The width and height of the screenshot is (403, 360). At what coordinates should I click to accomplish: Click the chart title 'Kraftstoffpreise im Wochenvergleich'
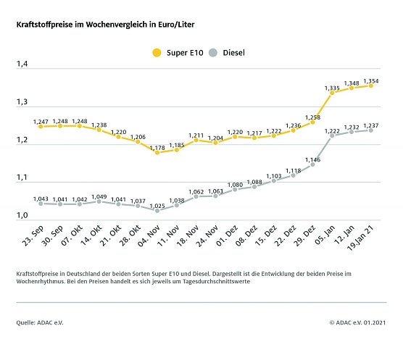(x=105, y=24)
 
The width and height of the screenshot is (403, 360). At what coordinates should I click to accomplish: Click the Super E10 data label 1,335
(x=331, y=85)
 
